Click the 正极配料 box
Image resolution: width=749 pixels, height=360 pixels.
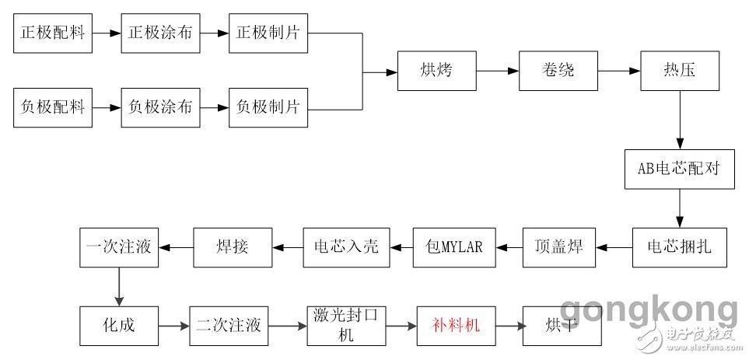coord(52,33)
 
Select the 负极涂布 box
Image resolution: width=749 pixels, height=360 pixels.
coord(160,107)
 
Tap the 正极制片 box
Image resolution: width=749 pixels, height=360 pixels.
coord(268,33)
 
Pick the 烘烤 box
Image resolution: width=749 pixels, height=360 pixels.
coord(436,71)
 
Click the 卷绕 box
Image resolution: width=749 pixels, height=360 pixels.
coord(558,71)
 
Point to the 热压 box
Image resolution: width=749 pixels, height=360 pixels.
coord(680,71)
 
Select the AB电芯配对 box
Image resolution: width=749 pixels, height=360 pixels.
coord(680,169)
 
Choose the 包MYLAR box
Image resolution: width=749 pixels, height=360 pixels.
coord(453,248)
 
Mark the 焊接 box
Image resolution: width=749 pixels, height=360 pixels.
coord(233,248)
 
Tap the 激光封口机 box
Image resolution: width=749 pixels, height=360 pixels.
coord(345,325)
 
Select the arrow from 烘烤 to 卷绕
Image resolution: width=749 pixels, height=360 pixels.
coord(498,71)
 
